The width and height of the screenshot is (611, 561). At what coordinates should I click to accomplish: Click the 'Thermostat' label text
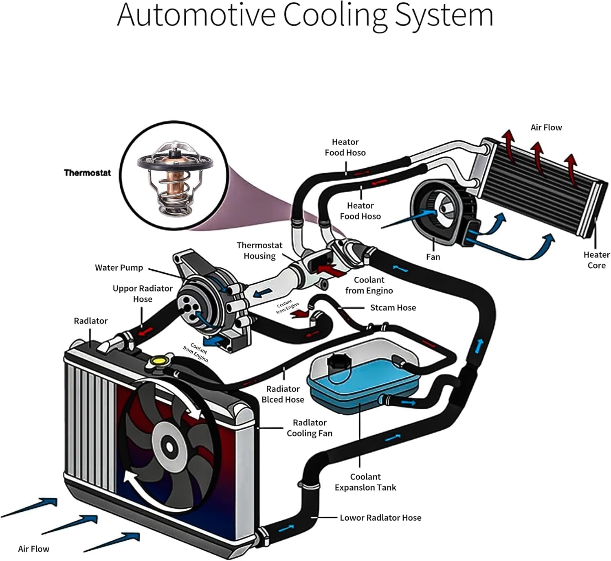(x=87, y=173)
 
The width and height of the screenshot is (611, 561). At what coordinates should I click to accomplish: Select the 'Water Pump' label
(x=119, y=268)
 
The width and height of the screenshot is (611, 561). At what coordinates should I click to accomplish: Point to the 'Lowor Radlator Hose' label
(x=380, y=518)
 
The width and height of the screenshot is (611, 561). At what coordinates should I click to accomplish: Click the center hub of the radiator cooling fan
(x=169, y=446)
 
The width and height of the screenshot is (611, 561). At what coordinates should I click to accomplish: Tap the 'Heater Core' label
(x=596, y=260)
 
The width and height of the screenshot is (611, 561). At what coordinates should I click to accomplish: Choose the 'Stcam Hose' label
(x=393, y=308)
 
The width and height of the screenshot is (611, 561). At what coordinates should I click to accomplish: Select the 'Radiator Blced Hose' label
(x=283, y=394)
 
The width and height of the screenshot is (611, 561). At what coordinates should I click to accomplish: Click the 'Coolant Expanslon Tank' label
(x=365, y=482)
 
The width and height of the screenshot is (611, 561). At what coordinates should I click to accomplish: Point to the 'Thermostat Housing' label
(x=259, y=250)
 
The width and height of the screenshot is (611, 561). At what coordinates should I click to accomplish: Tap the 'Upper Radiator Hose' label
(x=143, y=294)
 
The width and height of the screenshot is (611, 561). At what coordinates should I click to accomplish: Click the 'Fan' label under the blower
(x=433, y=257)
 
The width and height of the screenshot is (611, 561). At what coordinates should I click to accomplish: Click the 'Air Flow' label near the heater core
(x=546, y=128)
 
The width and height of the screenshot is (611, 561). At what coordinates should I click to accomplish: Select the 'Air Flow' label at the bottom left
(x=33, y=549)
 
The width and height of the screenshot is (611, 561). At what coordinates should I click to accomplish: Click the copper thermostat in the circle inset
(x=174, y=180)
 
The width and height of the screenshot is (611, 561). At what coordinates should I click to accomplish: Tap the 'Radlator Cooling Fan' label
(x=310, y=428)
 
